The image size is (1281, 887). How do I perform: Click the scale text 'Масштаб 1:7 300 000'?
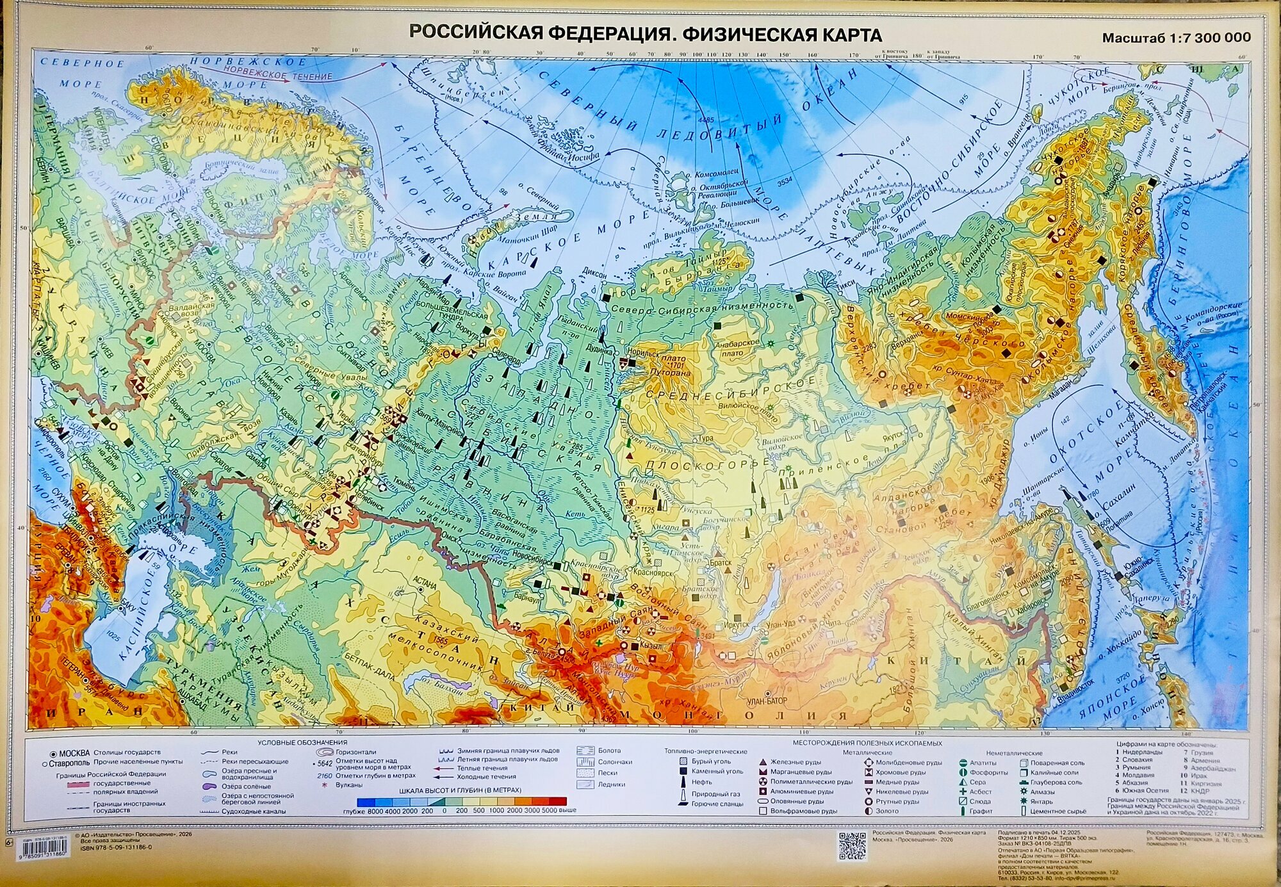coord(1176,38)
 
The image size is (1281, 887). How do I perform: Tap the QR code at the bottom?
coord(852,847)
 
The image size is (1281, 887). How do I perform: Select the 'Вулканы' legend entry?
coord(348,785)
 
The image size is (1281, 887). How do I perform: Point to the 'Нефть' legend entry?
coord(701,782)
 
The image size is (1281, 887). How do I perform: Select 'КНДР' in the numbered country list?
coord(1202,791)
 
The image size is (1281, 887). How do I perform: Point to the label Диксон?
coord(594,273)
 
